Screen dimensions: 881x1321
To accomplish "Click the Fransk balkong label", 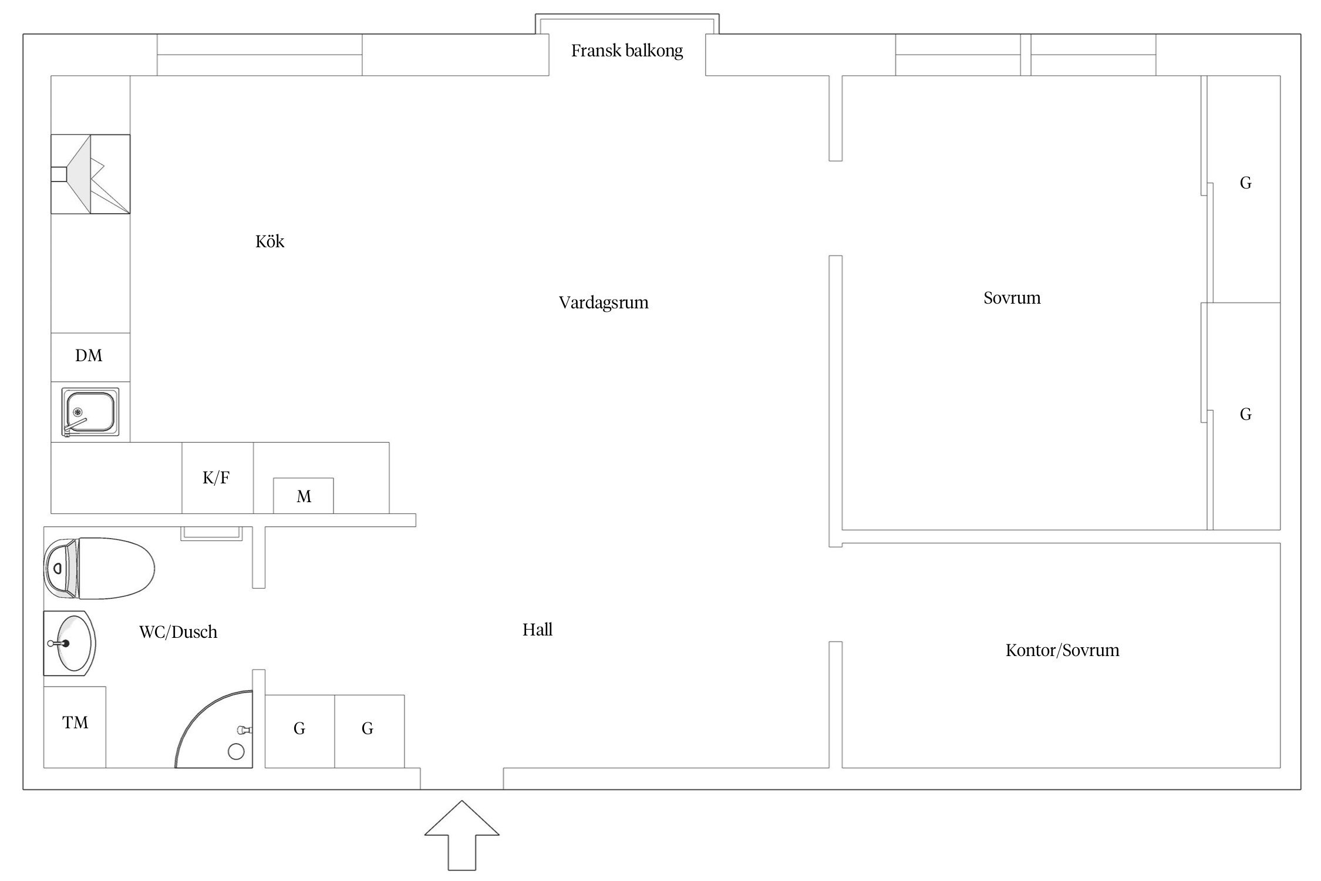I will click(x=627, y=51).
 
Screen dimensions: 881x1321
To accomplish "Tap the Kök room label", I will click(x=269, y=242).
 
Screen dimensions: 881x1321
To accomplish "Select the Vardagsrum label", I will click(x=604, y=303).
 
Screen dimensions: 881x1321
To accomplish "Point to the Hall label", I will click(x=537, y=630).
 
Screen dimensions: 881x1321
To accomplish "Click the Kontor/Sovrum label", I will click(x=1062, y=651).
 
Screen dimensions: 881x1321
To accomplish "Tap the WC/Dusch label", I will click(x=178, y=633).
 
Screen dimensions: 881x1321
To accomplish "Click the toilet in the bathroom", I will click(x=100, y=568).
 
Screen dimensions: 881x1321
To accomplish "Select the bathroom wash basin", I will click(x=69, y=643).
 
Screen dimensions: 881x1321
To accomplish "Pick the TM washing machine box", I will click(x=75, y=727).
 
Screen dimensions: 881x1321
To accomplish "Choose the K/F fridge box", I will click(x=217, y=478).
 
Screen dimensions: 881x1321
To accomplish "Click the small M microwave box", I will click(x=304, y=496).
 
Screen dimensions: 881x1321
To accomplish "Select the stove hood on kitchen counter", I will click(x=90, y=174).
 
